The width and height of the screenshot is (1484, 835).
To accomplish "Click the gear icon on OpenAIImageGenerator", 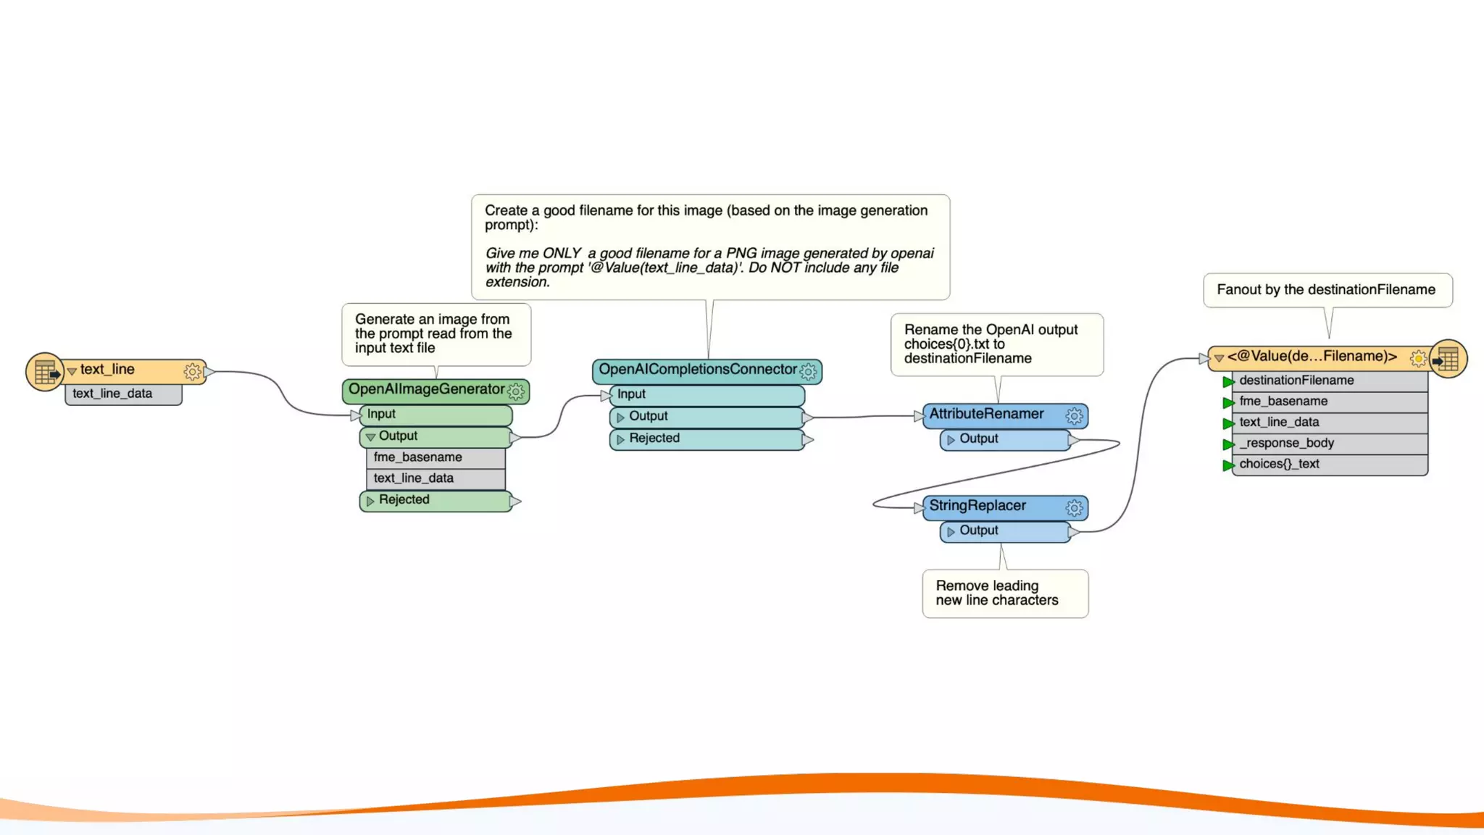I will click(x=516, y=391).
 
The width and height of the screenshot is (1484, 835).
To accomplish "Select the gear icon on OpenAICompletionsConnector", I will click(x=808, y=372).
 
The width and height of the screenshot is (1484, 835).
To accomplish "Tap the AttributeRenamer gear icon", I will click(x=1074, y=416).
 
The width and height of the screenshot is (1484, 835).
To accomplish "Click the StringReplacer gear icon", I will click(x=1074, y=507).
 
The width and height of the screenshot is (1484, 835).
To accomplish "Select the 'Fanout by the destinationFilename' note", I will click(x=1326, y=290).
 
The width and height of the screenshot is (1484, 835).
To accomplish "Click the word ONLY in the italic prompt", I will click(x=562, y=254).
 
